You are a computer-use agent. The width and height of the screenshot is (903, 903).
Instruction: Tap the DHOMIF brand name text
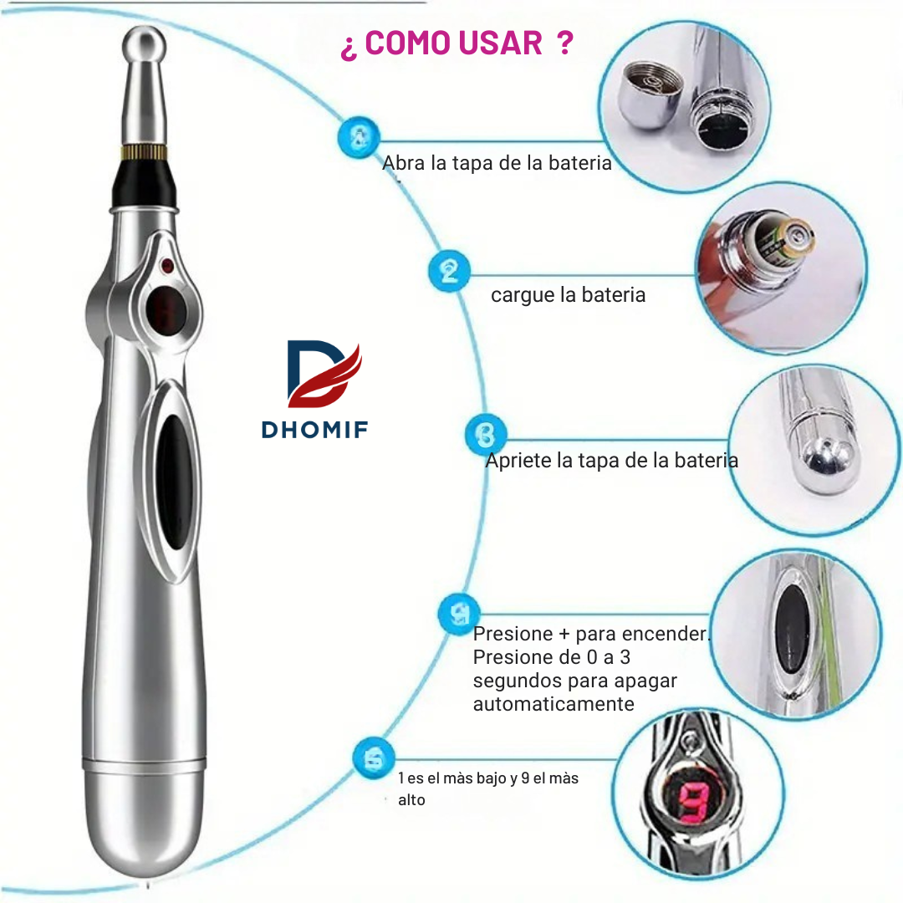(314, 430)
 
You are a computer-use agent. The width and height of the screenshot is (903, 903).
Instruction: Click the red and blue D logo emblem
(324, 374)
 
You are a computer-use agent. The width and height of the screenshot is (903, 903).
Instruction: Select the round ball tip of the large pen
(144, 45)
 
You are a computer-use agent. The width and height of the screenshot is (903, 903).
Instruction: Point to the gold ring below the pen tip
(144, 152)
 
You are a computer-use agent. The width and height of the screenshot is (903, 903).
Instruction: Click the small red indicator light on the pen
(167, 266)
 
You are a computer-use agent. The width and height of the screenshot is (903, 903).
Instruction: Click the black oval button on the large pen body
(173, 482)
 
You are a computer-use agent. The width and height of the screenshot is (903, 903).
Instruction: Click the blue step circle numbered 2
(449, 271)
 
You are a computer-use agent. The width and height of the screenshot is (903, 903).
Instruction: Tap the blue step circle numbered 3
(486, 434)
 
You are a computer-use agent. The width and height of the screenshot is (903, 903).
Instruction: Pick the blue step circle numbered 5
(374, 758)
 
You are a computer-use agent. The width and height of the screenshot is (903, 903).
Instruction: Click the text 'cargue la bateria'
(568, 295)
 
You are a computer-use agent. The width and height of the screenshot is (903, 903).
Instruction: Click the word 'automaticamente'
(554, 704)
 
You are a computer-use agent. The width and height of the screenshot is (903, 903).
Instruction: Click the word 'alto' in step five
(411, 800)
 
